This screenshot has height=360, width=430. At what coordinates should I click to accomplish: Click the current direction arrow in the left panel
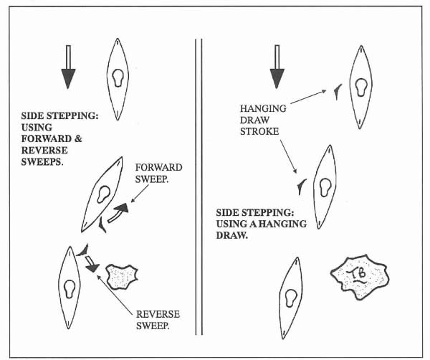click(x=69, y=68)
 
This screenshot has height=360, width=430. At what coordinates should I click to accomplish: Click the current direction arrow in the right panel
click(x=277, y=68)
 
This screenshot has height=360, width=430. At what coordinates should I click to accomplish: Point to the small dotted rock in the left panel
click(x=121, y=275)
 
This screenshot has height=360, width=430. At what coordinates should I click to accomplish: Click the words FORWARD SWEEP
click(x=159, y=174)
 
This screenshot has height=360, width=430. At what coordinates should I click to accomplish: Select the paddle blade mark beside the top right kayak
click(x=335, y=91)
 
